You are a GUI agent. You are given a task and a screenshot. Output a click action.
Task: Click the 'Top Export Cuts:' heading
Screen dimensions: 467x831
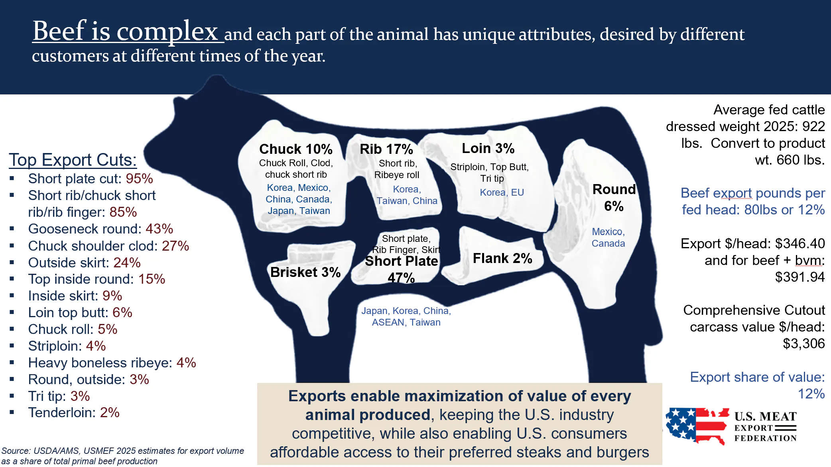coord(73,160)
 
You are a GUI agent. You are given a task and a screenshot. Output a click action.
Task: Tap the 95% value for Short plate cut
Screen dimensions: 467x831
coord(139,179)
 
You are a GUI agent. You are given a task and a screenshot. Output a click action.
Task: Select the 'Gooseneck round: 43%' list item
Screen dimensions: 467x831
coord(100,229)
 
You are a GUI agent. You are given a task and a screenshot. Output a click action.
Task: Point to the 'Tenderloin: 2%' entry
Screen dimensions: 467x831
coord(74,413)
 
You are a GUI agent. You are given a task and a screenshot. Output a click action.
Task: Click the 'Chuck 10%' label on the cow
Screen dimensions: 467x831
coord(295,149)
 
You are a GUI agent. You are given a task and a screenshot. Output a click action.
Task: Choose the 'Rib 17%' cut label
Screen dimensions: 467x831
coord(386,149)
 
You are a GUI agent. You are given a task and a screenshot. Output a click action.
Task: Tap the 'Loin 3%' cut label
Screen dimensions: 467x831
coord(488,148)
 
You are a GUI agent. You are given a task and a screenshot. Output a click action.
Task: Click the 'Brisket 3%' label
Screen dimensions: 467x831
coord(305,272)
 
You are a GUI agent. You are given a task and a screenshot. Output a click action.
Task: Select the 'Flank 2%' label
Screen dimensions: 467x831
coord(502,259)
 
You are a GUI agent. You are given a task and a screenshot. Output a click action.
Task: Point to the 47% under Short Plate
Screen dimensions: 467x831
coord(401,278)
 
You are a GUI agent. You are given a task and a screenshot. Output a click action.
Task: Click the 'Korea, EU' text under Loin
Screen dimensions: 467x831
coord(502,192)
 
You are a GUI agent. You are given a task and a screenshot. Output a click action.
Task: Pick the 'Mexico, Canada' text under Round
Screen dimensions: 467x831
coord(608,237)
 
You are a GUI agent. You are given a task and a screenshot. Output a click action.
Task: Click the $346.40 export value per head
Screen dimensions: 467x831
coord(799,243)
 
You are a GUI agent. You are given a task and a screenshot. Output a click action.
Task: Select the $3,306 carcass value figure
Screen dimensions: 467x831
coord(803,343)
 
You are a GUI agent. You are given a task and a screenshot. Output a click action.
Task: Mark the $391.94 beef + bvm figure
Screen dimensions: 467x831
coord(799,277)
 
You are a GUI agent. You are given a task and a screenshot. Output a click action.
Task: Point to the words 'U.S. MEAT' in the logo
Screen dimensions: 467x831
coord(765,417)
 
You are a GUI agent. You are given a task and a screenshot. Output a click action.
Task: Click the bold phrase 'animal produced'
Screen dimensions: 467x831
coord(368,415)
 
